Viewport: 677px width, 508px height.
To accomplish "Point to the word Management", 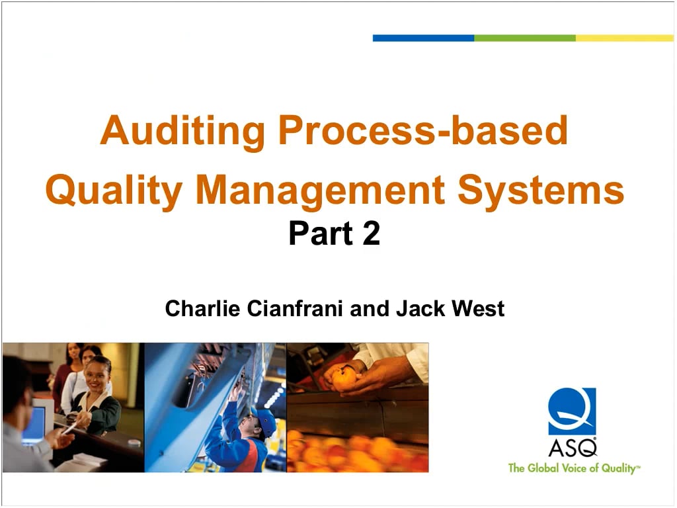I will click(x=320, y=190).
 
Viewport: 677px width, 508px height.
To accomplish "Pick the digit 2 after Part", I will click(x=371, y=234).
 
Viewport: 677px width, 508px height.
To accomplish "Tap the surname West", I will click(x=479, y=308).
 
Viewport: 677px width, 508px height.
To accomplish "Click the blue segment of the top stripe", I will click(x=423, y=38).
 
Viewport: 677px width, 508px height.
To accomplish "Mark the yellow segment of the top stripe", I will click(x=624, y=38).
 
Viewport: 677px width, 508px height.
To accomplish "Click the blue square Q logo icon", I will click(x=572, y=411).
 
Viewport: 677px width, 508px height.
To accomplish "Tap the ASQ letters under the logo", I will click(x=572, y=447).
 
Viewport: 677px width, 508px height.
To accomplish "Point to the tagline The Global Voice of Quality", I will click(x=573, y=468).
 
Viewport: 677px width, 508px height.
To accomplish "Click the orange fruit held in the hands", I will click(x=344, y=378).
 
